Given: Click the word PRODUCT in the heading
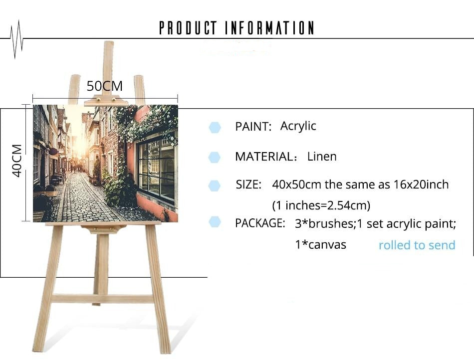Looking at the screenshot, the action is (188, 28).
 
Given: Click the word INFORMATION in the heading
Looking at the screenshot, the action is (269, 28).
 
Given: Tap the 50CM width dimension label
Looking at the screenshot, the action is (105, 86).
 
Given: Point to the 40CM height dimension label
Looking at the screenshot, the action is (17, 161).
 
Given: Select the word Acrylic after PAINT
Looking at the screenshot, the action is (298, 126).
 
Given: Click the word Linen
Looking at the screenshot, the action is (322, 157).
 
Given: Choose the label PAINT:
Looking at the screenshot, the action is (253, 127).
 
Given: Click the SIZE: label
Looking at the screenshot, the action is (248, 184).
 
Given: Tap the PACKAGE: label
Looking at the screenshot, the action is (260, 223).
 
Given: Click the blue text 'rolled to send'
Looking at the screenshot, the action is (417, 245).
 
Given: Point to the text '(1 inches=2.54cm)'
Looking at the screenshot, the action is (321, 205).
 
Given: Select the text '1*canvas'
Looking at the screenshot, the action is (320, 244).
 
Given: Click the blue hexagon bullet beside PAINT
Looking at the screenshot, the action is (215, 128).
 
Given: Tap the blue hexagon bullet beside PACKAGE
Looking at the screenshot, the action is (215, 222).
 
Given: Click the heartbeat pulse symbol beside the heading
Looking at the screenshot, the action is (16, 39).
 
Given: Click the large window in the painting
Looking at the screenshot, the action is (156, 168).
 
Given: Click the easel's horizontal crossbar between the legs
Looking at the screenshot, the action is (103, 299).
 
